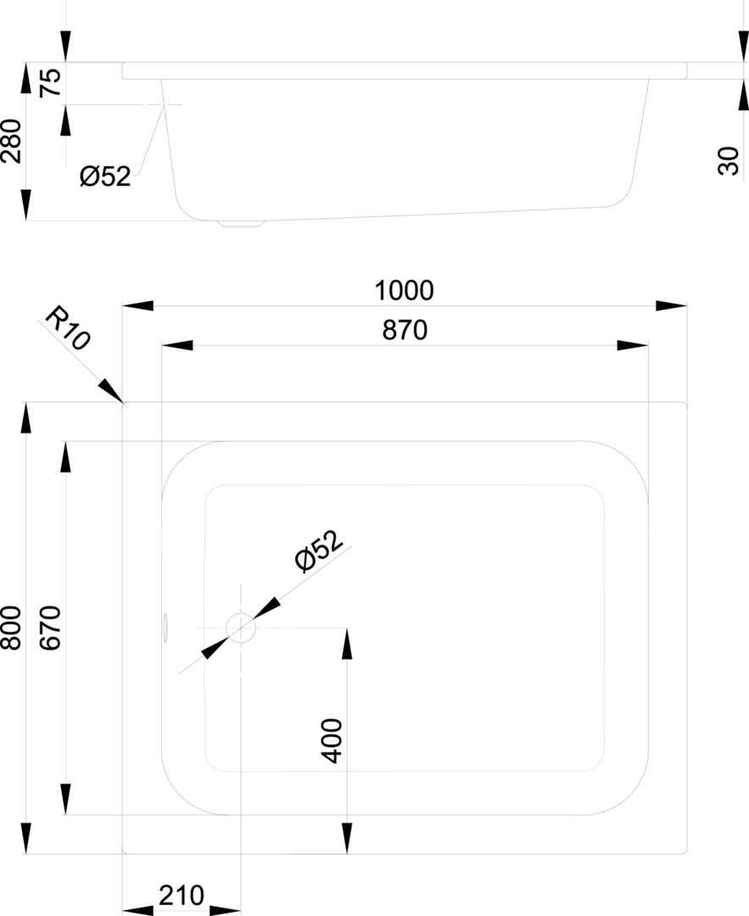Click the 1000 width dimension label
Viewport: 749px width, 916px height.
click(404, 290)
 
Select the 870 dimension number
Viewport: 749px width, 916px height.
click(405, 330)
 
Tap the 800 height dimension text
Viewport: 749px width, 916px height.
click(12, 628)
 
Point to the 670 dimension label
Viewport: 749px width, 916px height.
click(51, 628)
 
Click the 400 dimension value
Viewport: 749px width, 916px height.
click(332, 740)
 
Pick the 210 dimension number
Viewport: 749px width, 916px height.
click(182, 895)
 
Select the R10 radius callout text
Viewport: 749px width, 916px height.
click(69, 327)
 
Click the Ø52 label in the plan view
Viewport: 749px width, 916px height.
click(318, 551)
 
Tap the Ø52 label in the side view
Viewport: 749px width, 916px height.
click(106, 176)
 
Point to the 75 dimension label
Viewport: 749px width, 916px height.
click(50, 83)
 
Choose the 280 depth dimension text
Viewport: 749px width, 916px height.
click(12, 142)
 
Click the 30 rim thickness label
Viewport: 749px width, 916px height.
click(728, 161)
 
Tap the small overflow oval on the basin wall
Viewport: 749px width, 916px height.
click(165, 628)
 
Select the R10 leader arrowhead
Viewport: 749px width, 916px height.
click(110, 390)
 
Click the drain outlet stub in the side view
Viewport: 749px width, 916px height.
click(240, 223)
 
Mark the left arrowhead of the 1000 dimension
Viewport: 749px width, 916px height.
click(138, 305)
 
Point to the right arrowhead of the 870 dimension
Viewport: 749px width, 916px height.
click(633, 345)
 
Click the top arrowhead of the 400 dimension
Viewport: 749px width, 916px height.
click(347, 643)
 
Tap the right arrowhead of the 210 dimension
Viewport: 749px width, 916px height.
click(225, 910)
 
